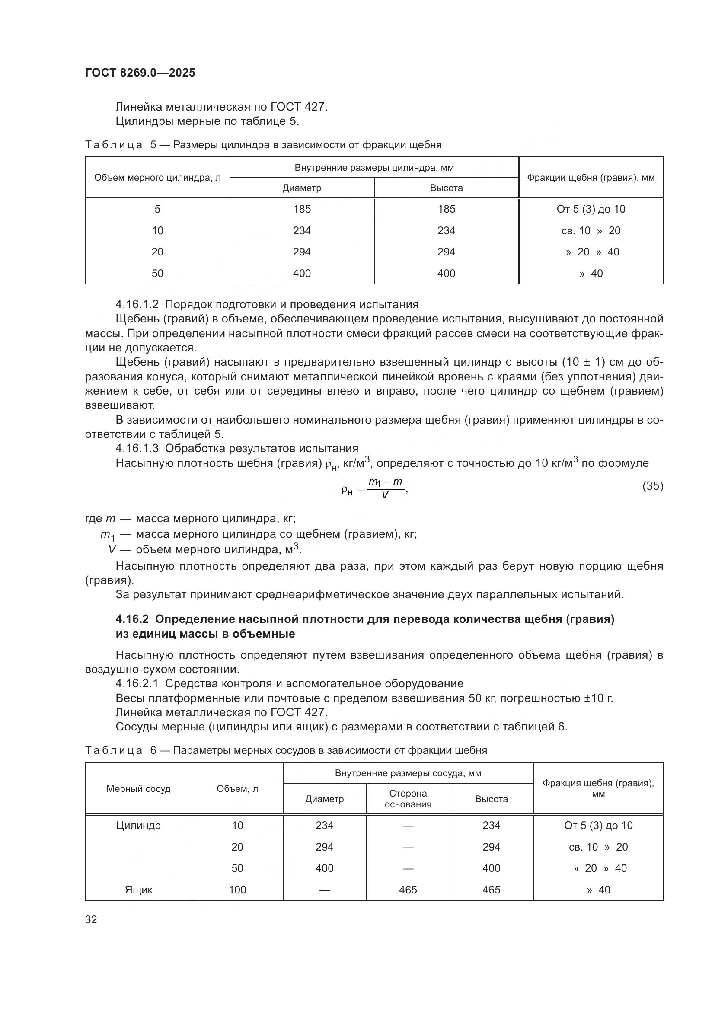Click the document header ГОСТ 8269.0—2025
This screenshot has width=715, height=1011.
140,73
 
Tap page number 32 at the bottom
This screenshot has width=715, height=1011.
91,919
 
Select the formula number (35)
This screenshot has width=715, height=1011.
652,486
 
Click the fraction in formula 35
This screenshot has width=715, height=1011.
385,488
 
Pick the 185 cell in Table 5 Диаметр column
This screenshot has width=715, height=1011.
302,209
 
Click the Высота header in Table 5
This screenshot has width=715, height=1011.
446,188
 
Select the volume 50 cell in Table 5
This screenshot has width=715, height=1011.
157,274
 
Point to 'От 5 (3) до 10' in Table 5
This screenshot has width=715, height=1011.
591,209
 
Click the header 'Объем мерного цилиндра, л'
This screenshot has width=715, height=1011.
157,178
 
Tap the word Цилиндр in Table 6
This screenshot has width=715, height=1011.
138,826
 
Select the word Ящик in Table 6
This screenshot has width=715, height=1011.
138,890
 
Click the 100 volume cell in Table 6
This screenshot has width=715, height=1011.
237,890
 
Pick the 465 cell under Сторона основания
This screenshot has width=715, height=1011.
408,890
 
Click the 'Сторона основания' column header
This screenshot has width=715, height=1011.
408,799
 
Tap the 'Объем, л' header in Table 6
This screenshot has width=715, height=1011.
237,789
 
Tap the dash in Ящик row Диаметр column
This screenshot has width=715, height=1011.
325,890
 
